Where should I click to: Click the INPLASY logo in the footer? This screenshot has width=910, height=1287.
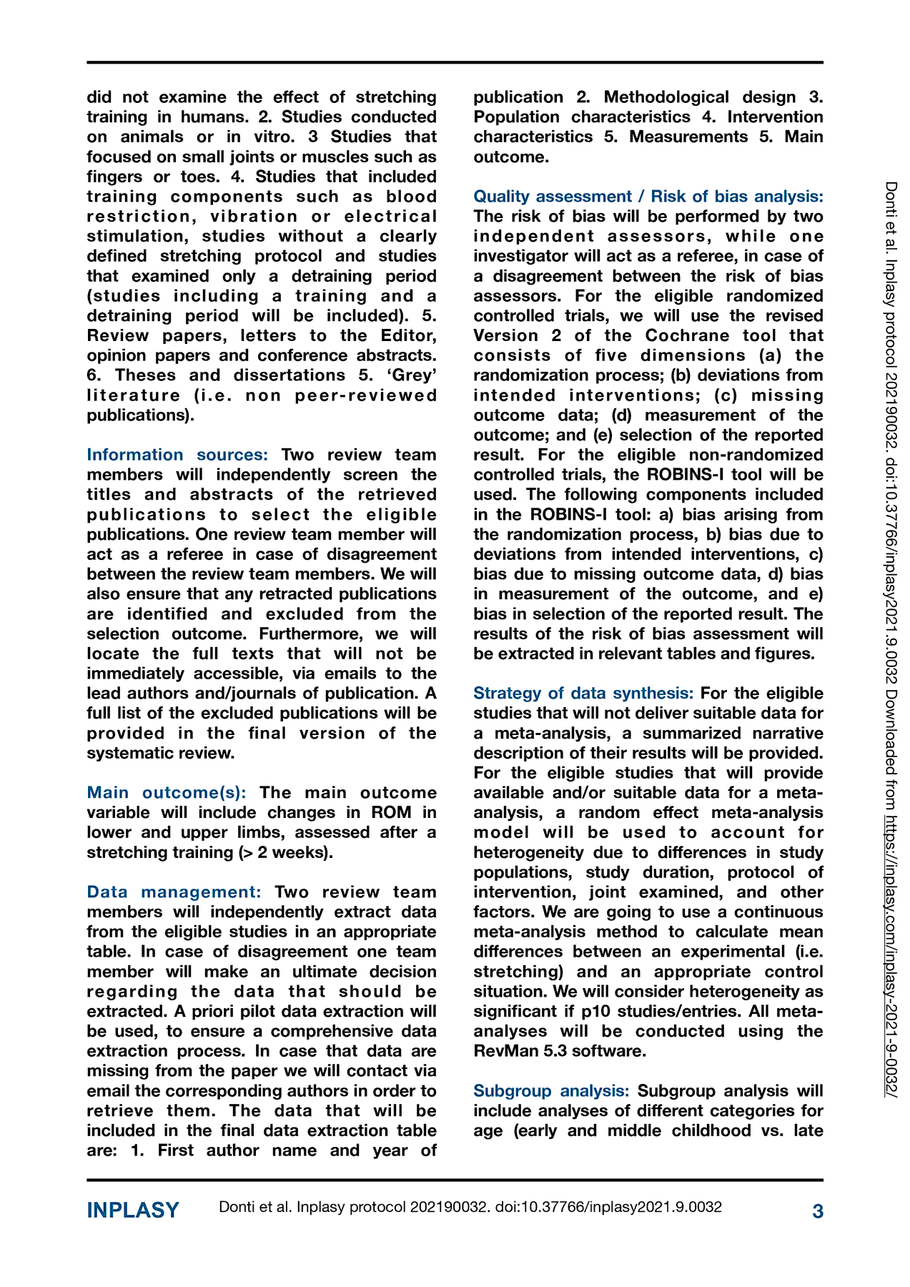point(133,1210)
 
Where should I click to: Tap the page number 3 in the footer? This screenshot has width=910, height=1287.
point(818,1211)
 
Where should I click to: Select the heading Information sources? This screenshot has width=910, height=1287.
point(177,455)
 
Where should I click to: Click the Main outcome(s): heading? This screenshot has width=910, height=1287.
point(167,792)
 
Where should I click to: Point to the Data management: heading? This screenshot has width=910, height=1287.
point(174,892)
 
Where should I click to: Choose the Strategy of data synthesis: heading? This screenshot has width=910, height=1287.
point(583,693)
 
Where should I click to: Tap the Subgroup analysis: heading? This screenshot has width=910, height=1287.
point(551,1090)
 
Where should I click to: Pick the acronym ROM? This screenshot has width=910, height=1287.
point(391,812)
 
